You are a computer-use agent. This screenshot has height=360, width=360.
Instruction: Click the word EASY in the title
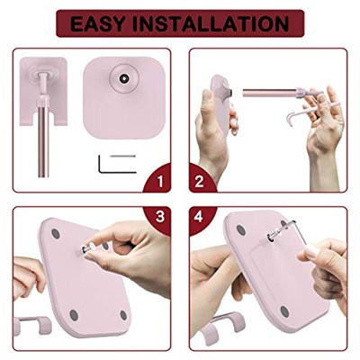click(97, 24)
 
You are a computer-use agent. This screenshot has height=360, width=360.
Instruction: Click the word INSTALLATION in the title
click(211, 24)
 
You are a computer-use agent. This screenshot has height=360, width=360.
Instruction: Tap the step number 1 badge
click(159, 180)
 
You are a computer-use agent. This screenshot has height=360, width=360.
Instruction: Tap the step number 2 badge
click(201, 180)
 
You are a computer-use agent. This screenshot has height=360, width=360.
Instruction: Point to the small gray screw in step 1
click(122, 156)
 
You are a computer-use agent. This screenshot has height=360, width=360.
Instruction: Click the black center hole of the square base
click(123, 78)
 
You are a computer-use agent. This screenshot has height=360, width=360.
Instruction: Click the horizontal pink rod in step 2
click(270, 93)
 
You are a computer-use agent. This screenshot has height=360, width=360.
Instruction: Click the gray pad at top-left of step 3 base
click(56, 234)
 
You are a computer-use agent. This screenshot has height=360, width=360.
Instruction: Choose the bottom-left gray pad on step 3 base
click(74, 315)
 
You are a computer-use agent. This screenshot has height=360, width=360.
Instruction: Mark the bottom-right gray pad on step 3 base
click(123, 315)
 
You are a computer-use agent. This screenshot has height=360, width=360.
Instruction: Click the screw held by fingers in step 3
click(87, 249)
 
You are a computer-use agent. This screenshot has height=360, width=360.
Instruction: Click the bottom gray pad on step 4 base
click(284, 312)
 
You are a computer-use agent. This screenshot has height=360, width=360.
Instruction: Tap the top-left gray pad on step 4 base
click(241, 230)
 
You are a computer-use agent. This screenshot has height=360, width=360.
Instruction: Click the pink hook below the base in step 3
click(32, 326)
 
